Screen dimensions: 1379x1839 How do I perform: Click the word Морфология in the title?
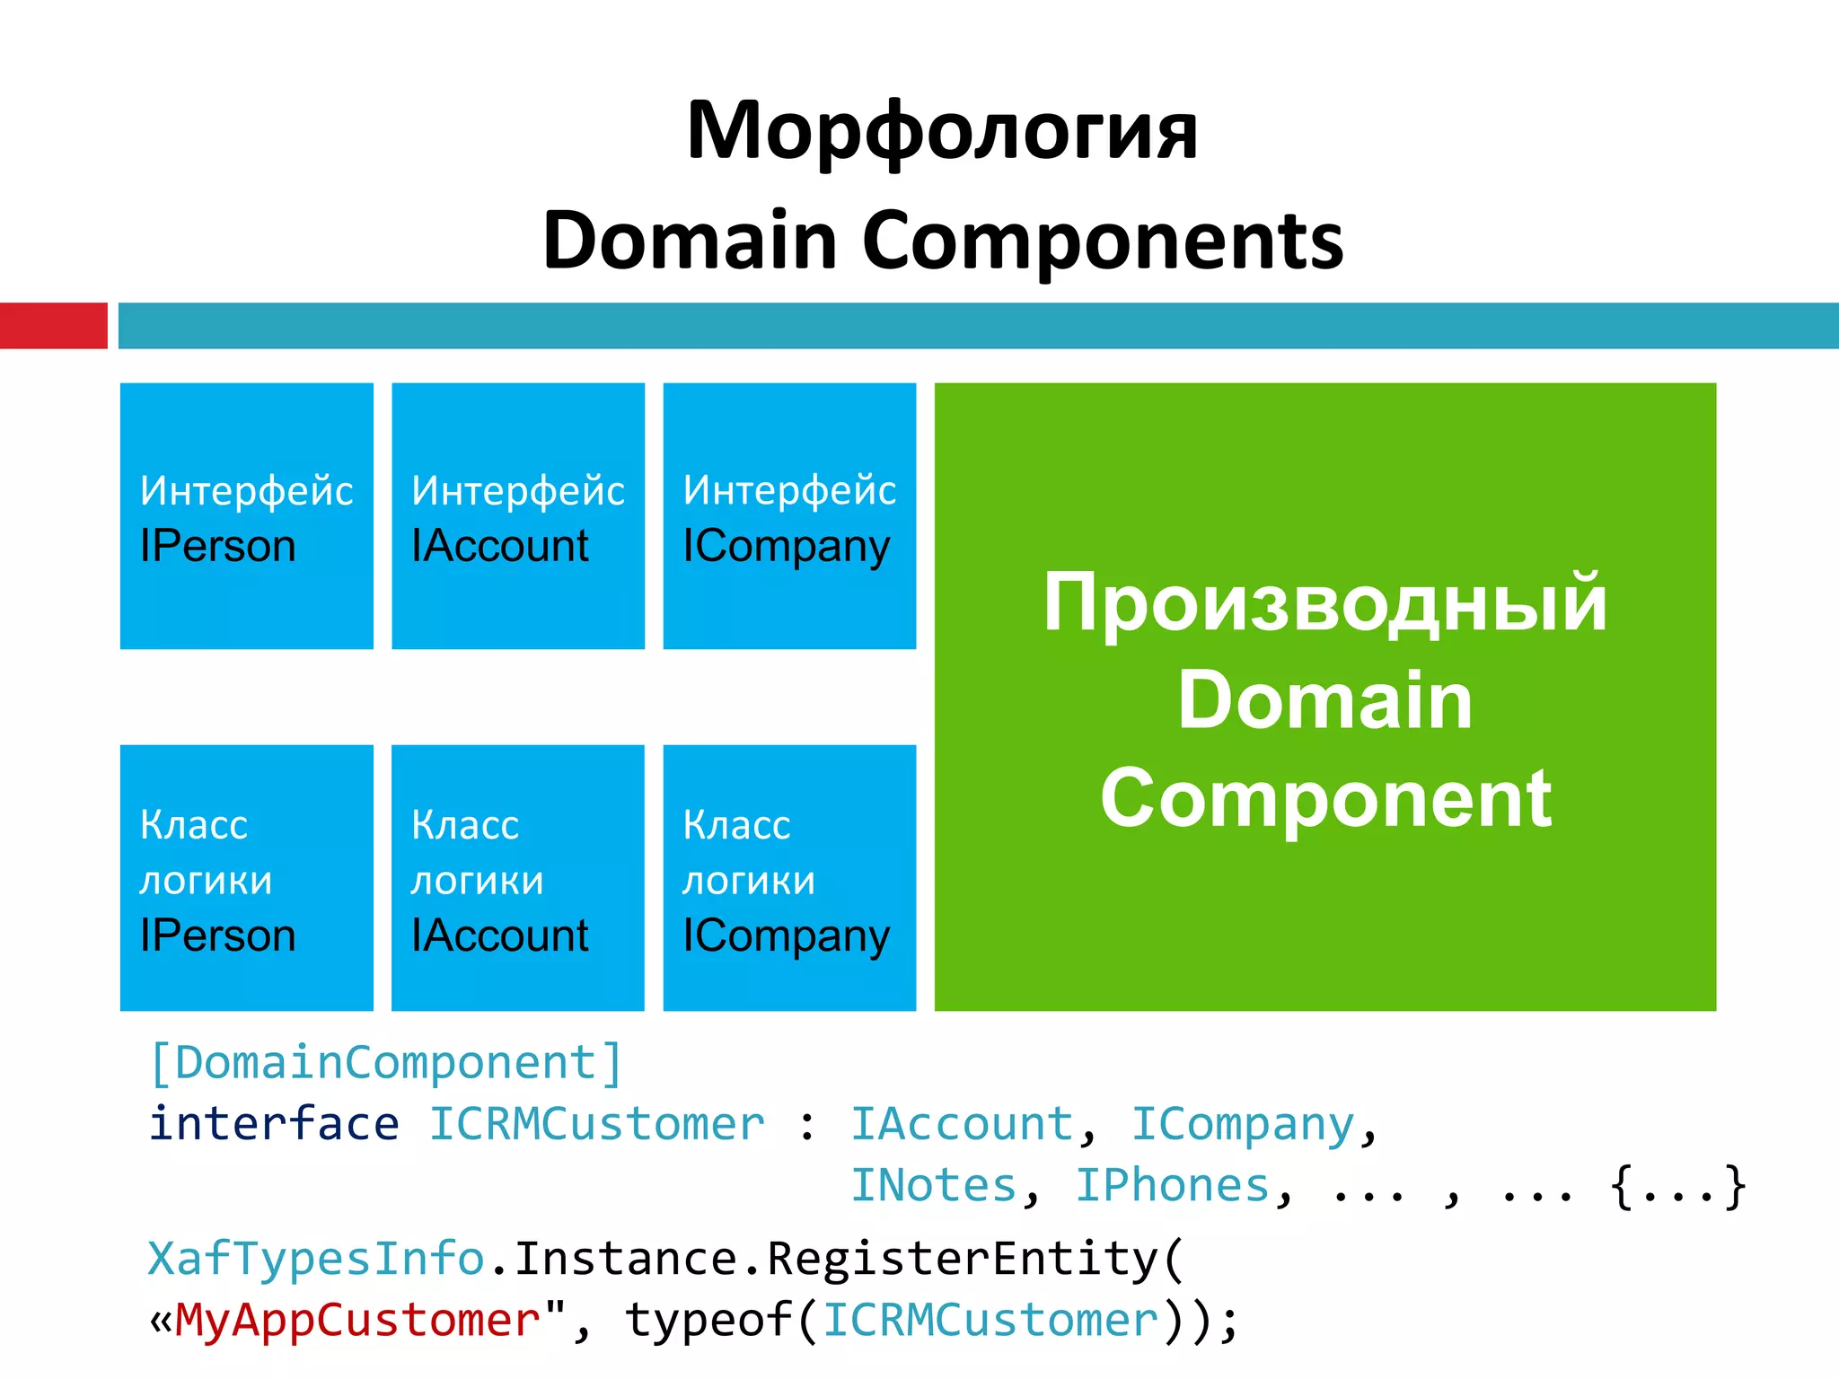[x=941, y=133]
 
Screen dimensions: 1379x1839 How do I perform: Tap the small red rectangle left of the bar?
[x=53, y=325]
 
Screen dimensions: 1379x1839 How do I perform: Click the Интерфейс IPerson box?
[x=246, y=516]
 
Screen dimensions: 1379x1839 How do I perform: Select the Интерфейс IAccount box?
[x=518, y=516]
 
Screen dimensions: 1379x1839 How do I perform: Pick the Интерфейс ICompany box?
[x=789, y=516]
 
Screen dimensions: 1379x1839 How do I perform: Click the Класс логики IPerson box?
[x=246, y=878]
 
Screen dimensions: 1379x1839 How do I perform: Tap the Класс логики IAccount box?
[x=518, y=878]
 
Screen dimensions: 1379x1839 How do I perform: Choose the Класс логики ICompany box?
[x=789, y=878]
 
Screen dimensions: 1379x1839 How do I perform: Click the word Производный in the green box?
[x=1324, y=603]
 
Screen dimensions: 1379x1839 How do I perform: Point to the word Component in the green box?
[x=1326, y=798]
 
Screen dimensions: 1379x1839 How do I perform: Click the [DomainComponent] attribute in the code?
[x=386, y=1063]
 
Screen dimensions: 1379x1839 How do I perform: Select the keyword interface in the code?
[x=274, y=1124]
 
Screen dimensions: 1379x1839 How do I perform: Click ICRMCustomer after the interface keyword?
[x=596, y=1124]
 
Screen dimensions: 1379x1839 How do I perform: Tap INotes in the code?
[x=934, y=1185]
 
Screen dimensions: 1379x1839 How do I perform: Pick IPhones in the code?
[x=1173, y=1185]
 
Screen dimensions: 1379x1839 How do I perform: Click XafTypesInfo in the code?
[x=316, y=1259]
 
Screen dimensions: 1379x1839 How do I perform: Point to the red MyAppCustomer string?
[x=357, y=1321]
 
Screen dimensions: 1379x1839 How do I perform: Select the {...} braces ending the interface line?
[x=1677, y=1187]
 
